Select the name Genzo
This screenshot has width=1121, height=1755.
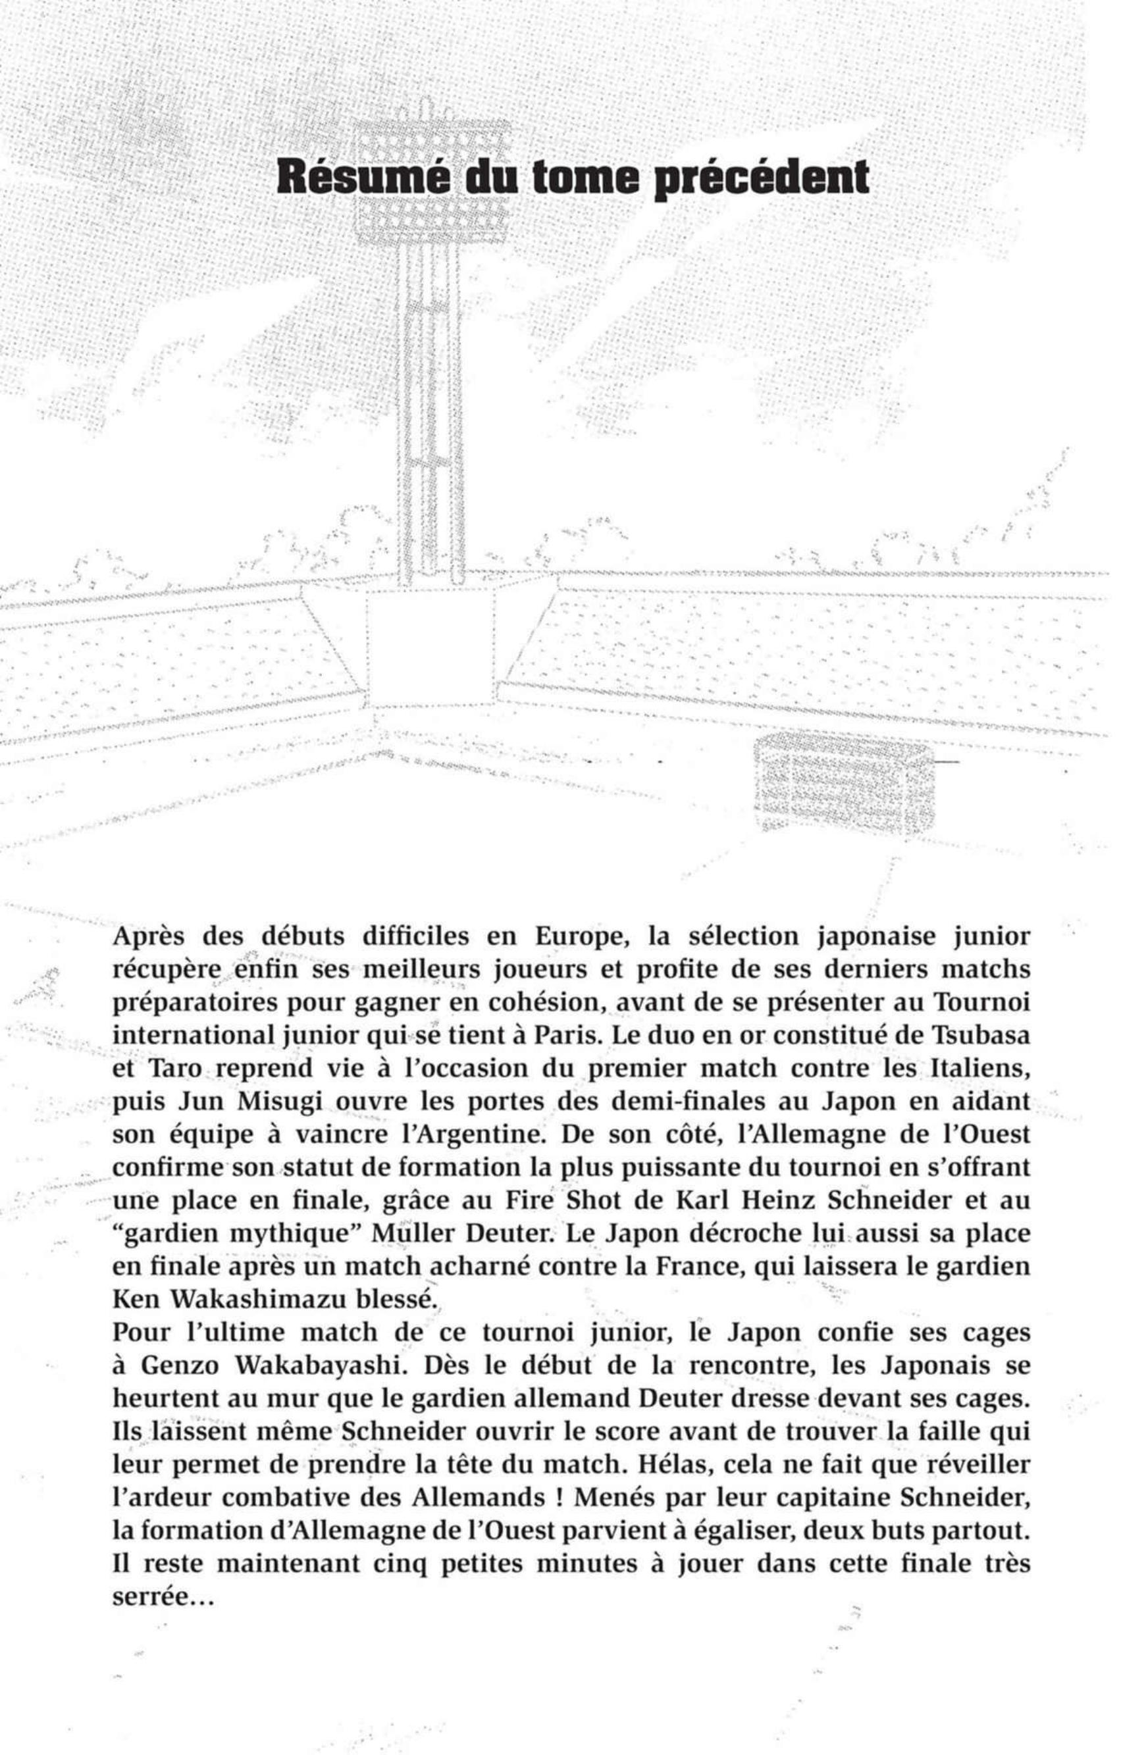tap(179, 1366)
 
